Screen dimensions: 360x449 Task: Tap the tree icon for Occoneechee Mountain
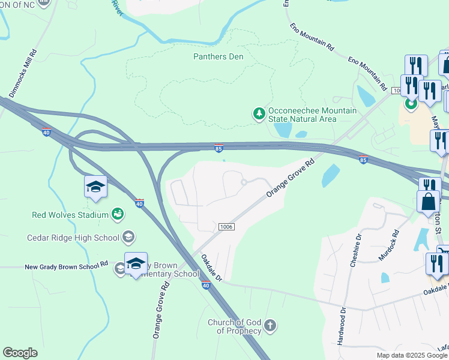coord(259,114)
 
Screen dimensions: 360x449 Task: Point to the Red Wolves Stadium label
coord(70,214)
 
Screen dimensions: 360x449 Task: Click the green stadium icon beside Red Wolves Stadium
coord(118,214)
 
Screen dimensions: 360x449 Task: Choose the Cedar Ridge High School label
coord(73,238)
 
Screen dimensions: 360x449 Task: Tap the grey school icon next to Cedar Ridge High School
coord(128,237)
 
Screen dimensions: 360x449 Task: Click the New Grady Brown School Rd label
coord(66,265)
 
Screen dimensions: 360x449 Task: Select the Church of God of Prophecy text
coord(235,326)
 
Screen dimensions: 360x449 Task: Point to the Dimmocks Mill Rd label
coord(23,73)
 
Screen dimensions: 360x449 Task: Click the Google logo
coord(20,353)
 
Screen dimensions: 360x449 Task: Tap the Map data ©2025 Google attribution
coord(412,355)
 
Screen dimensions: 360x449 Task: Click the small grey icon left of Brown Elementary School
coord(120,269)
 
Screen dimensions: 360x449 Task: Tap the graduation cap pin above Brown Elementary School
coord(136,263)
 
